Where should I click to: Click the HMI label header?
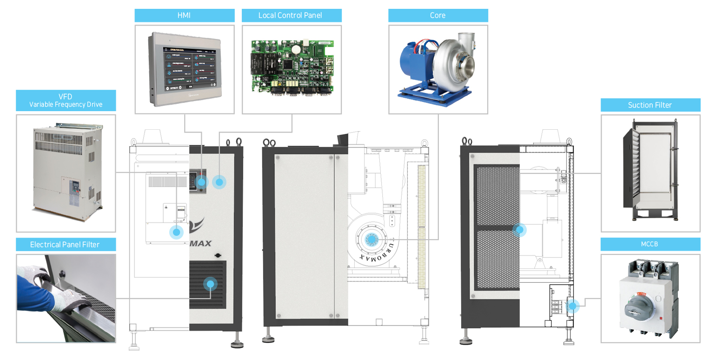[185, 15]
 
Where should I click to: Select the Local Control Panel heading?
[292, 15]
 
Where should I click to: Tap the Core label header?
[438, 15]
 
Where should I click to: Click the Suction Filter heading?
[650, 105]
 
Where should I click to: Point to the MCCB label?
[650, 244]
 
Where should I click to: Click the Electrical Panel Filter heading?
[66, 244]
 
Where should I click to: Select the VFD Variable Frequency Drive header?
[66, 100]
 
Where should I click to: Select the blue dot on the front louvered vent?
[210, 284]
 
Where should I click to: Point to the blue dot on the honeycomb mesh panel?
[519, 229]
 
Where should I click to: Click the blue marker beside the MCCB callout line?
[573, 306]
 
